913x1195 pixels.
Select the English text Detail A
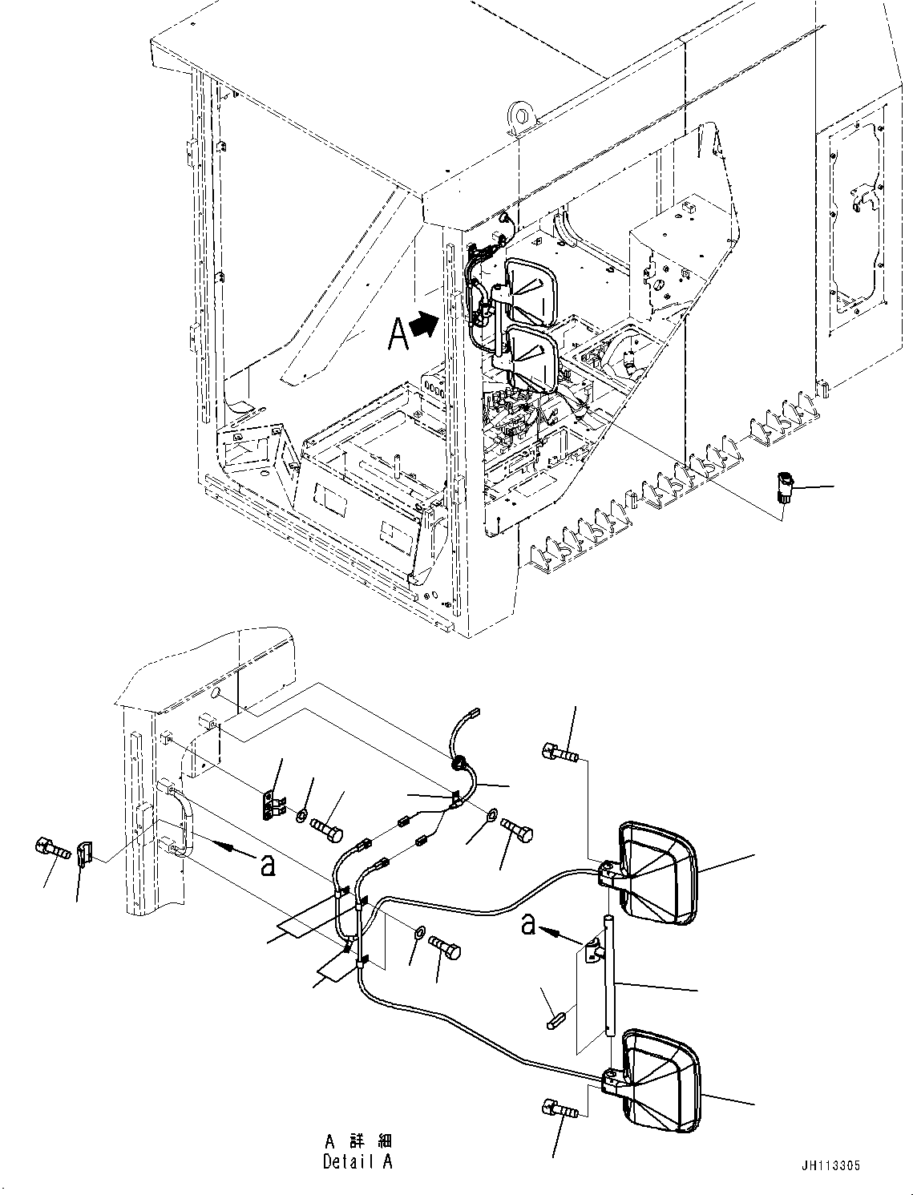click(358, 1161)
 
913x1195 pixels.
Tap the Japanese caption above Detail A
click(358, 1141)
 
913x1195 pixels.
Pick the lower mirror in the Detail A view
click(662, 1082)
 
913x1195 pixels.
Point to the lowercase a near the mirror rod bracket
click(527, 923)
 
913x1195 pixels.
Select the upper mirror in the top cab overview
click(530, 291)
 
